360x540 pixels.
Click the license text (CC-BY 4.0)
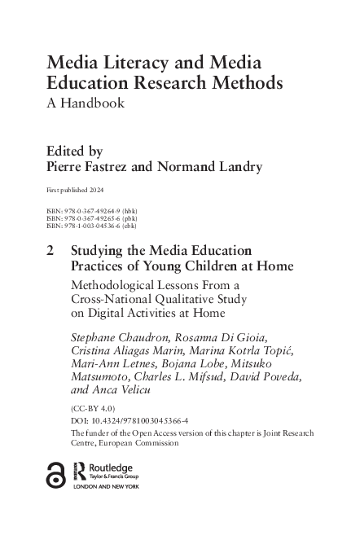click(x=94, y=410)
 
